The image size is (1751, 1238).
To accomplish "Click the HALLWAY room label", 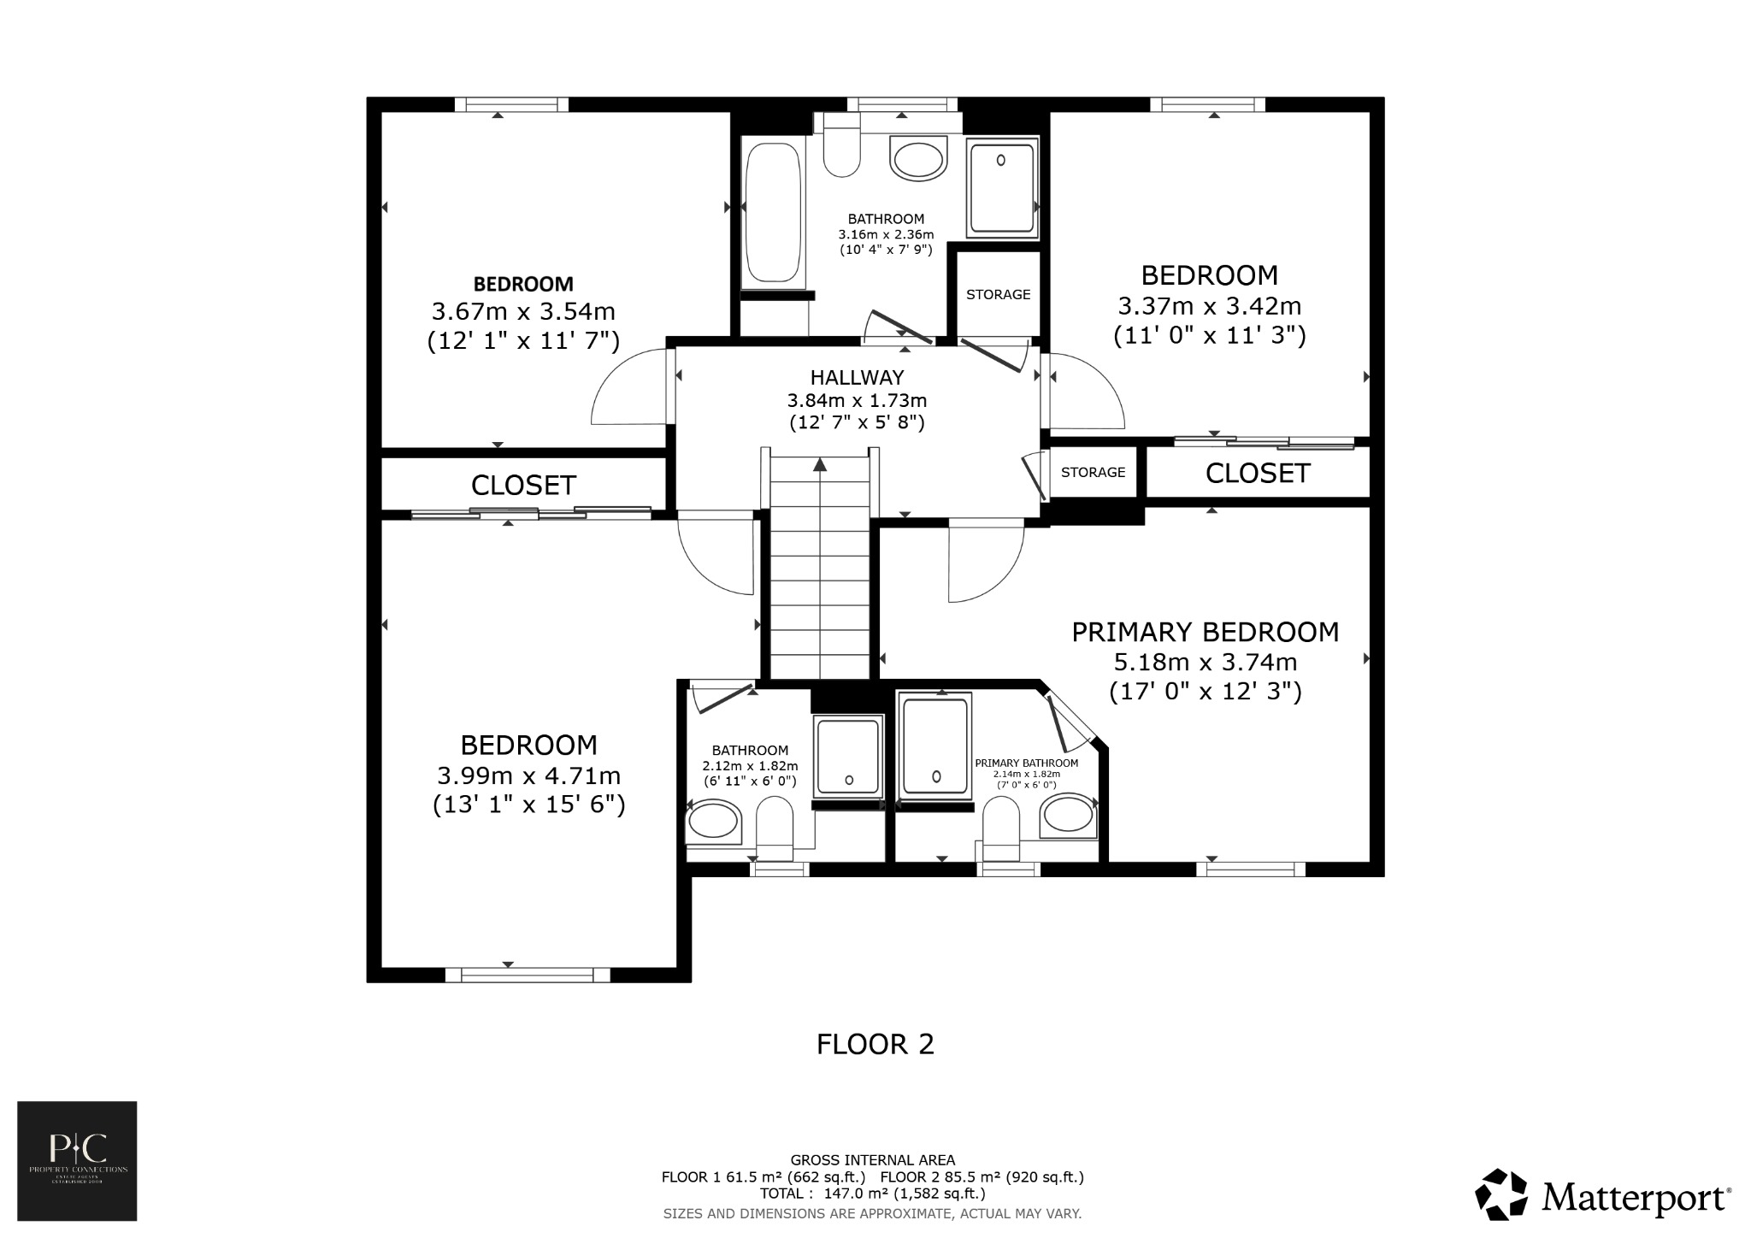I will [x=857, y=377].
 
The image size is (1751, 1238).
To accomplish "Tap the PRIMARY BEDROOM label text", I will [x=1205, y=632].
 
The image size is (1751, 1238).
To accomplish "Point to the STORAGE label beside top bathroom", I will [x=998, y=294].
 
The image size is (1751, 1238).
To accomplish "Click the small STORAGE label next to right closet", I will [x=1093, y=472].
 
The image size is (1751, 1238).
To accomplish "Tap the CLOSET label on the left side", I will [x=523, y=486].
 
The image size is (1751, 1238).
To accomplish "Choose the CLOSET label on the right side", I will [x=1257, y=474].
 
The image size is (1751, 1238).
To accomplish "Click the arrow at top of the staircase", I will [x=820, y=465].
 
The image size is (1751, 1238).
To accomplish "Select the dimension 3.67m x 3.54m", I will [x=523, y=311].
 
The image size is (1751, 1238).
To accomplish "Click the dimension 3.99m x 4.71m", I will [x=528, y=776].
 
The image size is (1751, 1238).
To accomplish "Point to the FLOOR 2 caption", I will [x=875, y=1044].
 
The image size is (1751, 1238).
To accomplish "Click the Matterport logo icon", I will [x=1500, y=1194].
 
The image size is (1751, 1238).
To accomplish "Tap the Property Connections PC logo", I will [x=77, y=1160].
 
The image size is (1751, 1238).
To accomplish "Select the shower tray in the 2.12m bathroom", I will [x=847, y=758].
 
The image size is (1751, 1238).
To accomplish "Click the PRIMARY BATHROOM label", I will [x=1026, y=763].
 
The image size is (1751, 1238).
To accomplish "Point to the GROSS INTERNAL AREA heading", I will [x=872, y=1160].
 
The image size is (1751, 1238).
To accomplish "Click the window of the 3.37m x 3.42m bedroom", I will [x=1207, y=104].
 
